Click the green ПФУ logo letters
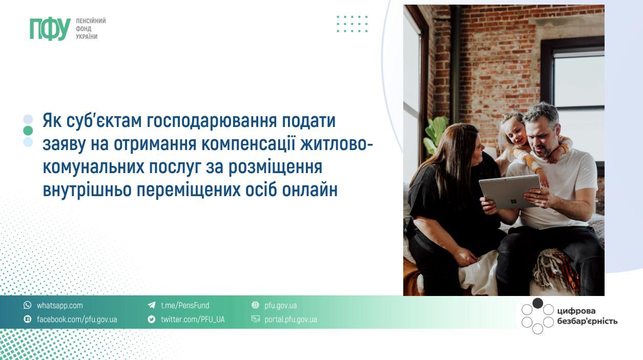pos(50,29)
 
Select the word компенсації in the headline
pos(248,144)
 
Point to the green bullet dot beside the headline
pos(28,131)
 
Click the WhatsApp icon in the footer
pos(27,305)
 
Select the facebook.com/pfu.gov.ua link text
pos(77,319)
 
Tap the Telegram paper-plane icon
pos(151,305)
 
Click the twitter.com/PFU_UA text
pos(193,319)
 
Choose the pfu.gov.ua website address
pos(281,306)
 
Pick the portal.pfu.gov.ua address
pos(291,320)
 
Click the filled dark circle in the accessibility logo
pos(537,304)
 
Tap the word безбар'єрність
pos(587,321)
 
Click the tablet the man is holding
pos(509,192)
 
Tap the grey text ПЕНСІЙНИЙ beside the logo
pos(91,21)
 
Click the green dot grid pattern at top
pos(352,24)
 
